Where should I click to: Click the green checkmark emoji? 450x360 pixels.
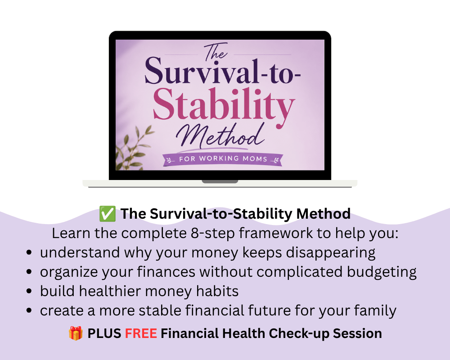tap(108, 214)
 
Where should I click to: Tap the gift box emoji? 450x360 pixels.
tap(76, 333)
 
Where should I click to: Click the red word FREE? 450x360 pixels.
tap(141, 333)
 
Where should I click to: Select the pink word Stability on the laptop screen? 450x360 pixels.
tap(224, 105)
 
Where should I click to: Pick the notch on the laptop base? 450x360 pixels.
tap(220, 181)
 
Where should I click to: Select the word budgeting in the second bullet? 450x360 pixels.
tap(382, 272)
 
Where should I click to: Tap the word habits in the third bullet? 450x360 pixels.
tap(217, 291)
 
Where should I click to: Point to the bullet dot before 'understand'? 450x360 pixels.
tap(29, 252)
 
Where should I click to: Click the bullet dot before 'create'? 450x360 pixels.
tap(29, 310)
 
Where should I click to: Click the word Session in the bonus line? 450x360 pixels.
tap(357, 333)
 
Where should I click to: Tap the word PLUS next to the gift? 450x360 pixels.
tap(104, 333)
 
